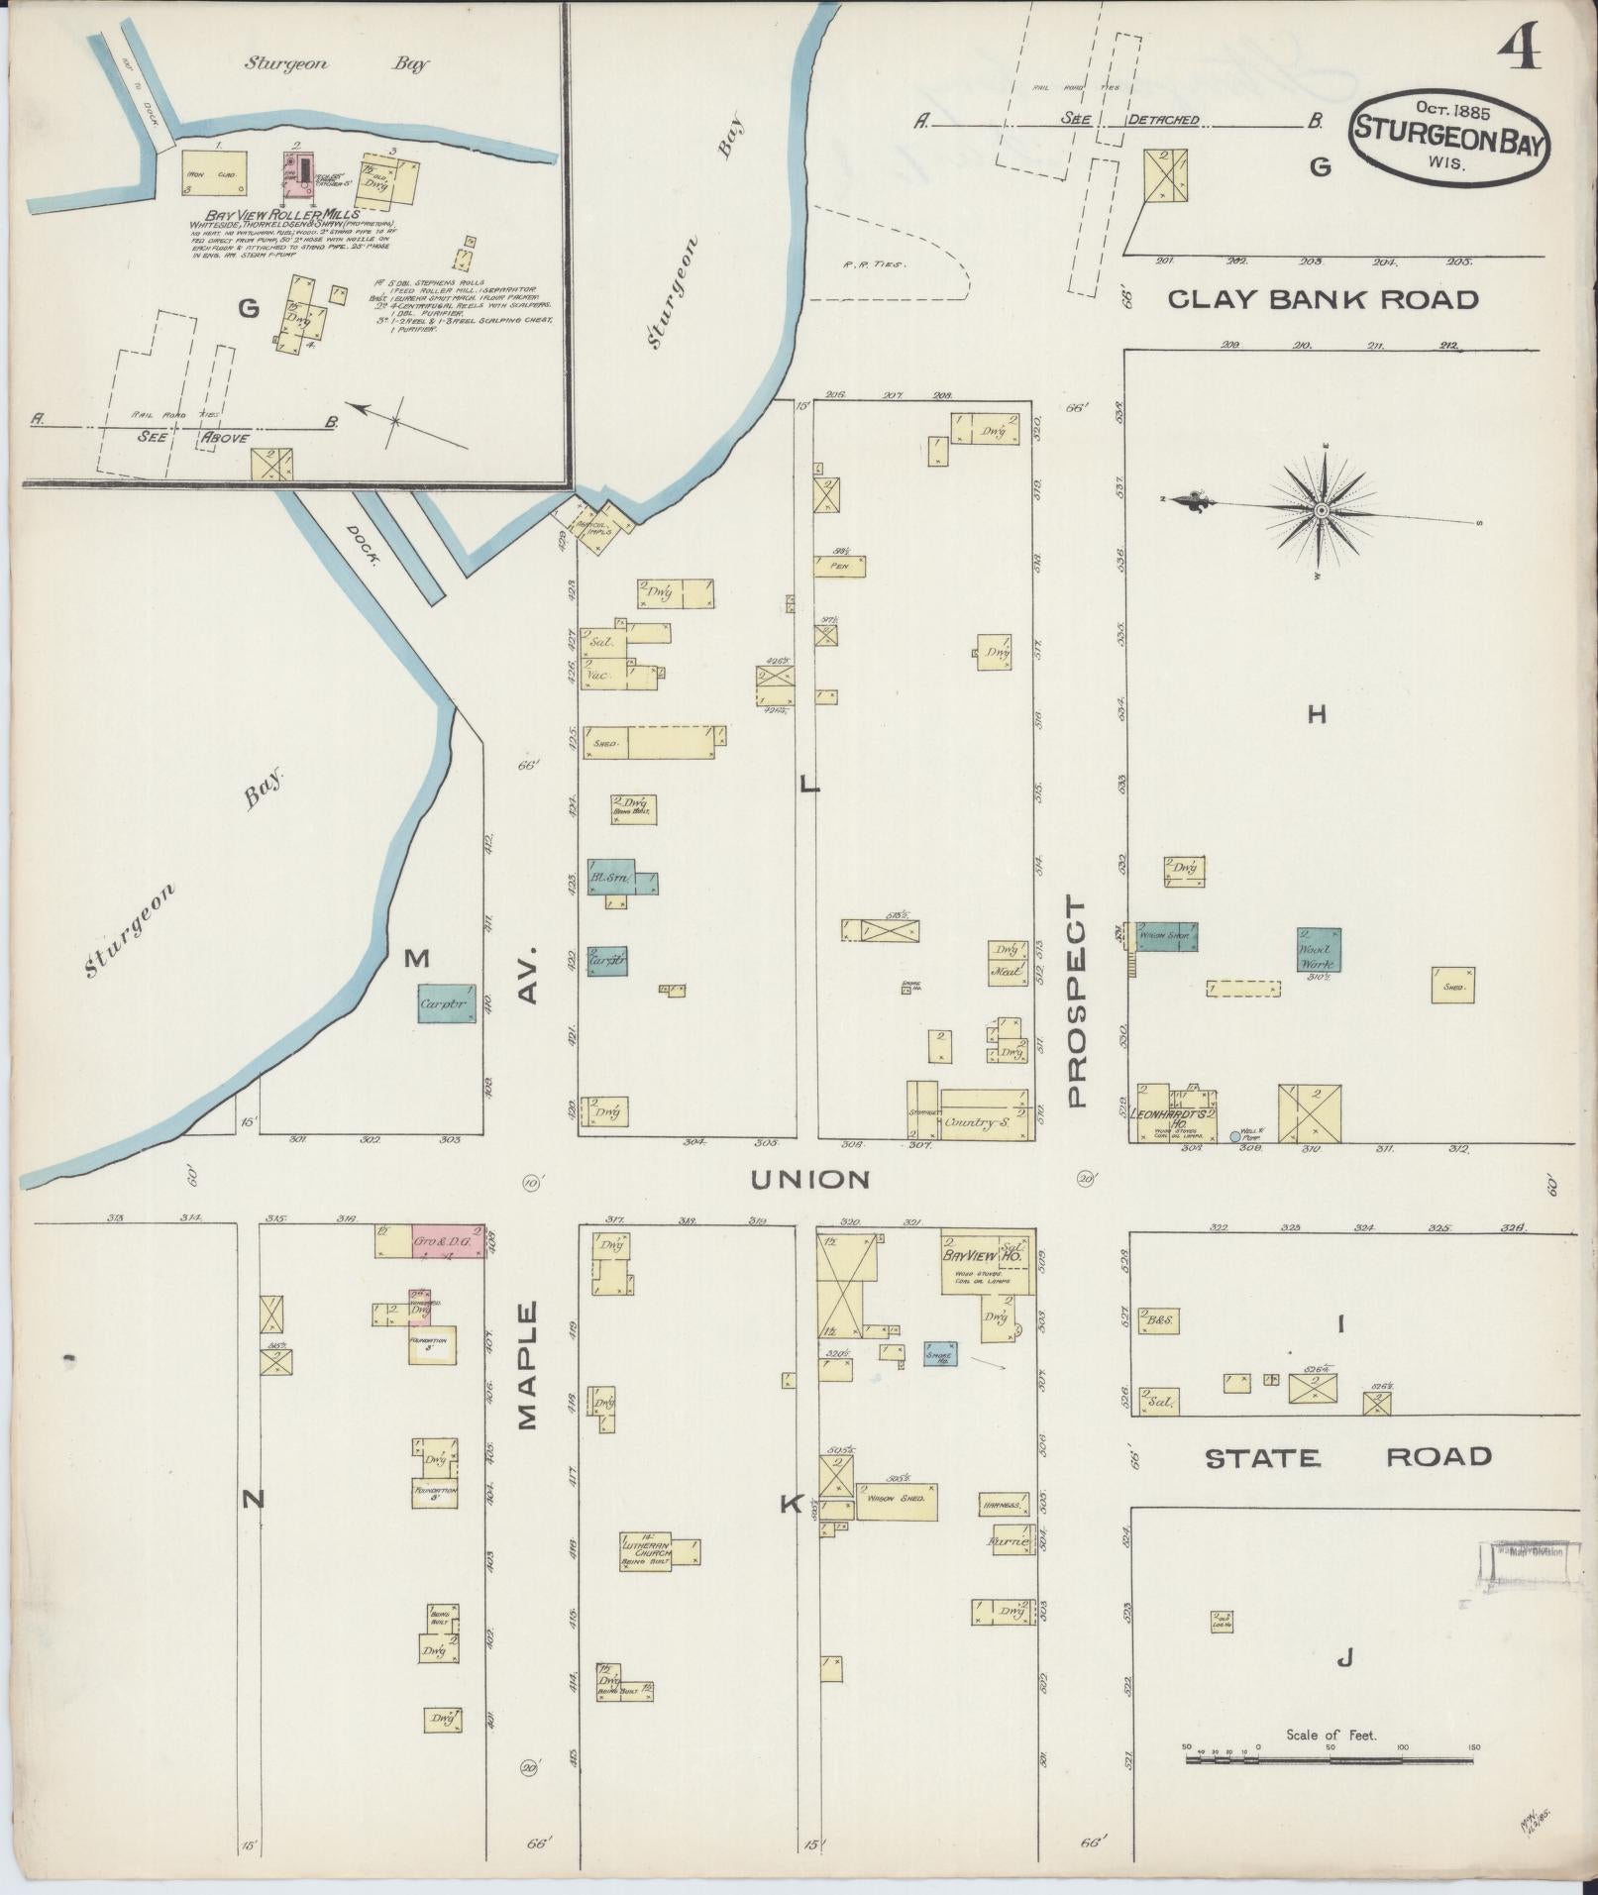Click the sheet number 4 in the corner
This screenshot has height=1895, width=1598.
pyautogui.click(x=1518, y=48)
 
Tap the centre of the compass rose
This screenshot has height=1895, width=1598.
pyautogui.click(x=1322, y=509)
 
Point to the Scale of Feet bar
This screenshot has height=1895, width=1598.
pyautogui.click(x=1330, y=1759)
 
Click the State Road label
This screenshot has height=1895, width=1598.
pyautogui.click(x=1347, y=1456)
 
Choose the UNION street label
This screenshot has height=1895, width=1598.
pyautogui.click(x=809, y=1179)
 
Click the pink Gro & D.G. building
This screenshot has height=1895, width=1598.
pyautogui.click(x=447, y=1241)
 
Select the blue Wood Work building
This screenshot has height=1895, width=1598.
pyautogui.click(x=1319, y=950)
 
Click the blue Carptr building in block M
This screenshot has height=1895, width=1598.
pyautogui.click(x=446, y=1003)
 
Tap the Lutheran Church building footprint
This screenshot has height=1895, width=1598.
pyautogui.click(x=649, y=1551)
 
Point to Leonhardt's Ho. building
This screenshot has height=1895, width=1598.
pyautogui.click(x=1176, y=1115)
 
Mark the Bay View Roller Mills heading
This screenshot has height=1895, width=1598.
pyautogui.click(x=281, y=214)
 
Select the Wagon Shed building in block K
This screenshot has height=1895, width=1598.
pyautogui.click(x=896, y=1501)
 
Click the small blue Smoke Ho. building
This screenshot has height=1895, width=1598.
pyautogui.click(x=939, y=1353)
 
